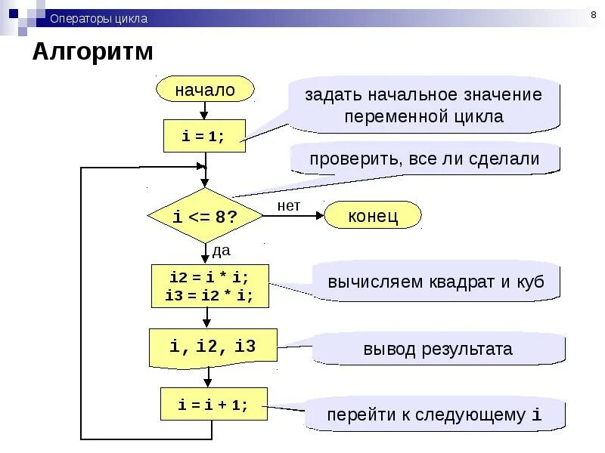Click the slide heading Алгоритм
coord(92,52)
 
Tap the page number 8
coord(592,16)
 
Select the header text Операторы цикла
coord(98,19)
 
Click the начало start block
coord(205,90)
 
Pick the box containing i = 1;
coord(204,136)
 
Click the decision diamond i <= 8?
coord(205,217)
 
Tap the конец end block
coord(373,217)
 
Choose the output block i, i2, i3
coord(213,347)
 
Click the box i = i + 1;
coord(213,404)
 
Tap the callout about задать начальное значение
coord(423,106)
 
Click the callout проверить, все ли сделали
coord(423,159)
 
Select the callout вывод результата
coord(437,349)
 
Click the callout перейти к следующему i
coord(434,414)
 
